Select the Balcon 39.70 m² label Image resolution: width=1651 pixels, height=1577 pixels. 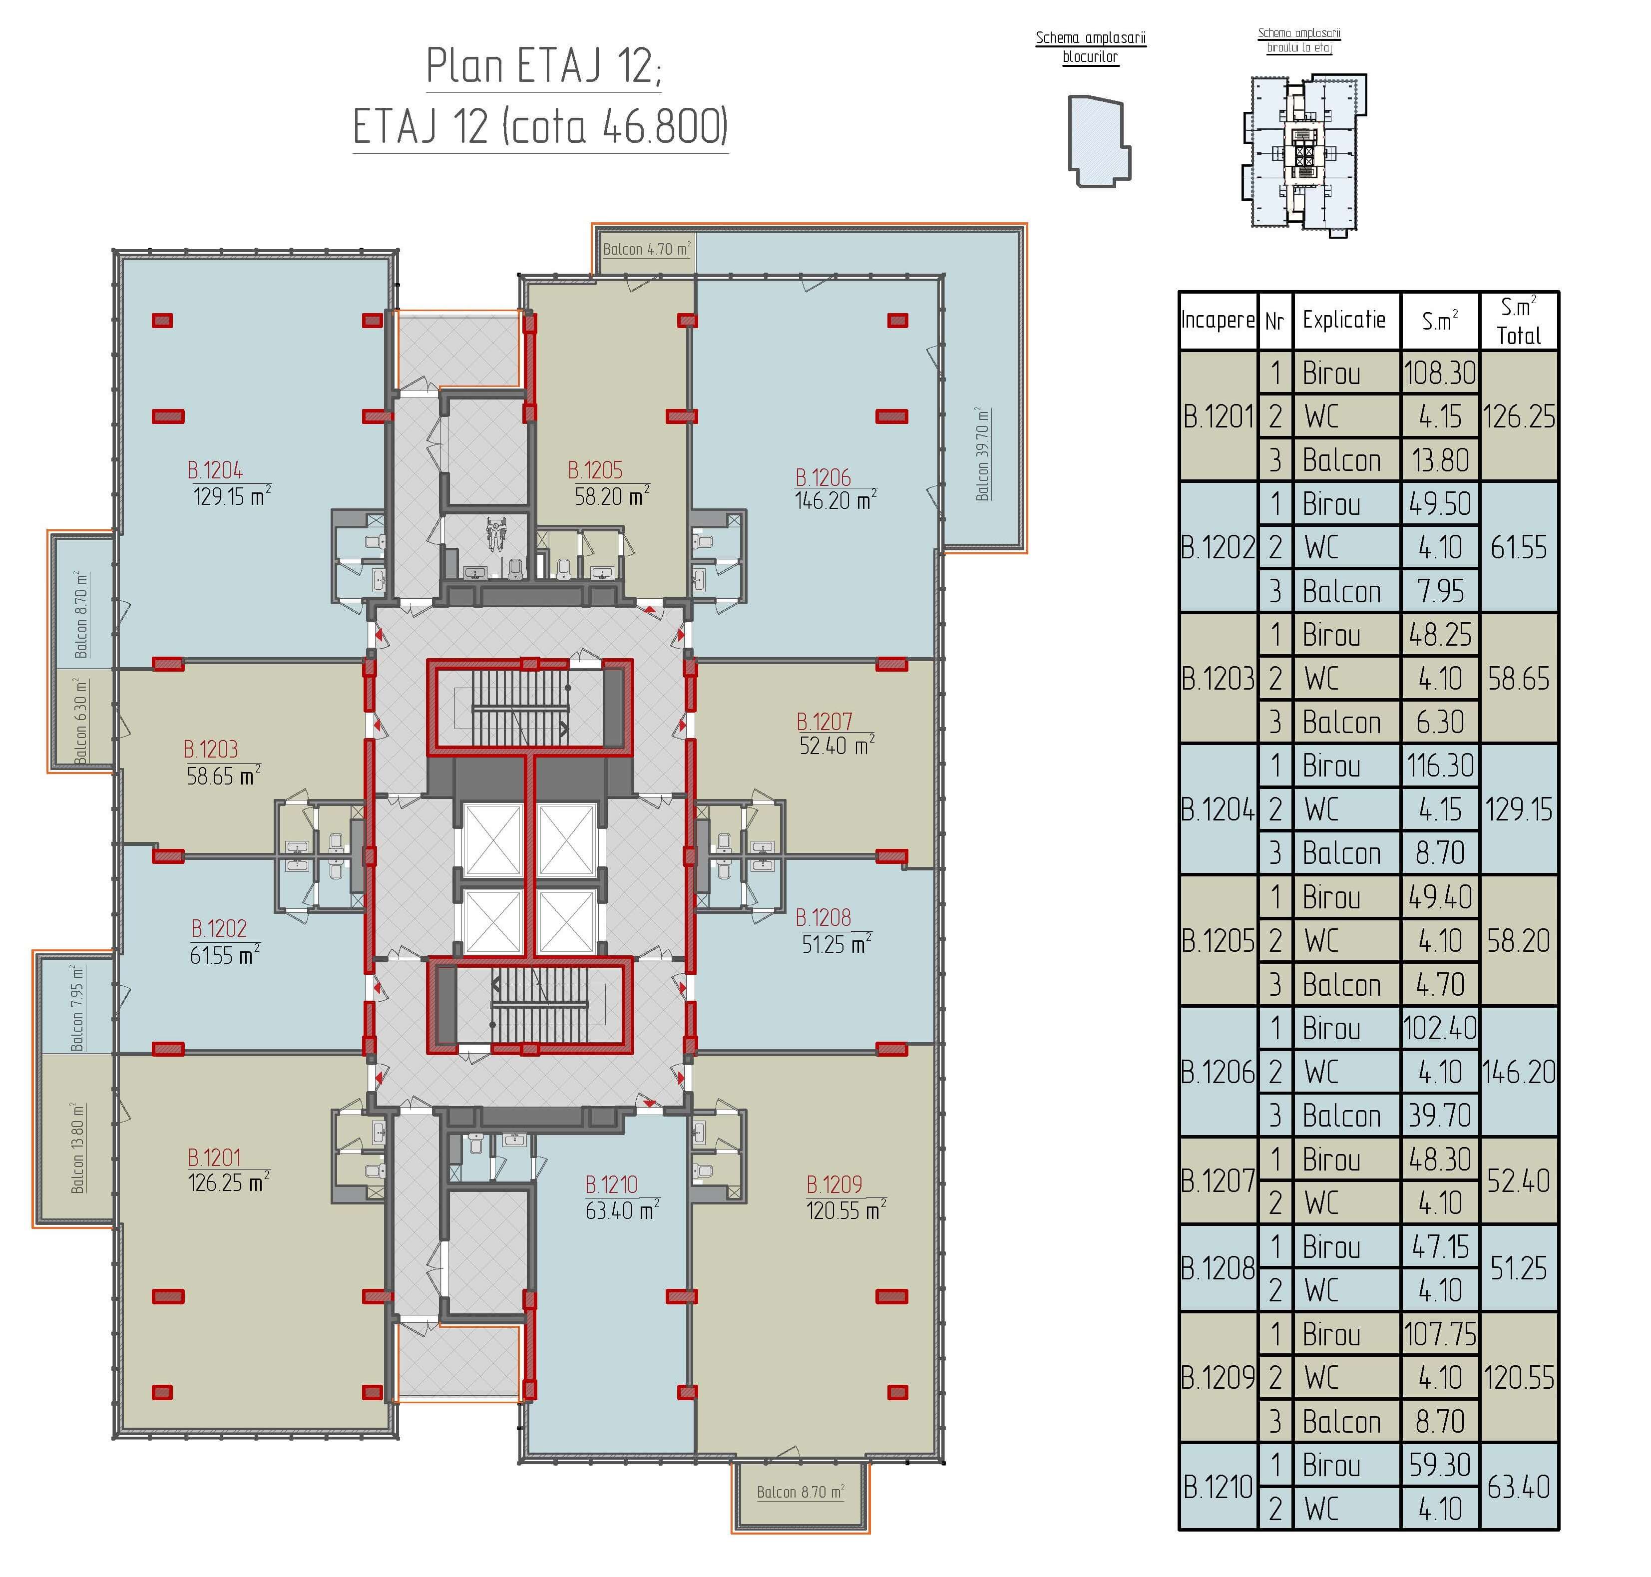(x=982, y=454)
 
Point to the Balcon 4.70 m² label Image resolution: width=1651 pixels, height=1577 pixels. (x=646, y=249)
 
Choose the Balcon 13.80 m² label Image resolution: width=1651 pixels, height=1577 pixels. (x=78, y=1148)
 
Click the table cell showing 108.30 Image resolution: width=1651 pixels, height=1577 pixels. (x=1439, y=373)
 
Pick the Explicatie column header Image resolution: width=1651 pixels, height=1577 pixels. (x=1344, y=320)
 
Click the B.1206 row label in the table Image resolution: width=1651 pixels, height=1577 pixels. (x=1218, y=1072)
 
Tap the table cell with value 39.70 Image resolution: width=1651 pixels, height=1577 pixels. (x=1440, y=1116)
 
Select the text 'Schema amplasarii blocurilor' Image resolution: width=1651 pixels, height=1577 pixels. (x=1090, y=47)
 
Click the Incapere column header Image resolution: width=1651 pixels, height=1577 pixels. (x=1218, y=320)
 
